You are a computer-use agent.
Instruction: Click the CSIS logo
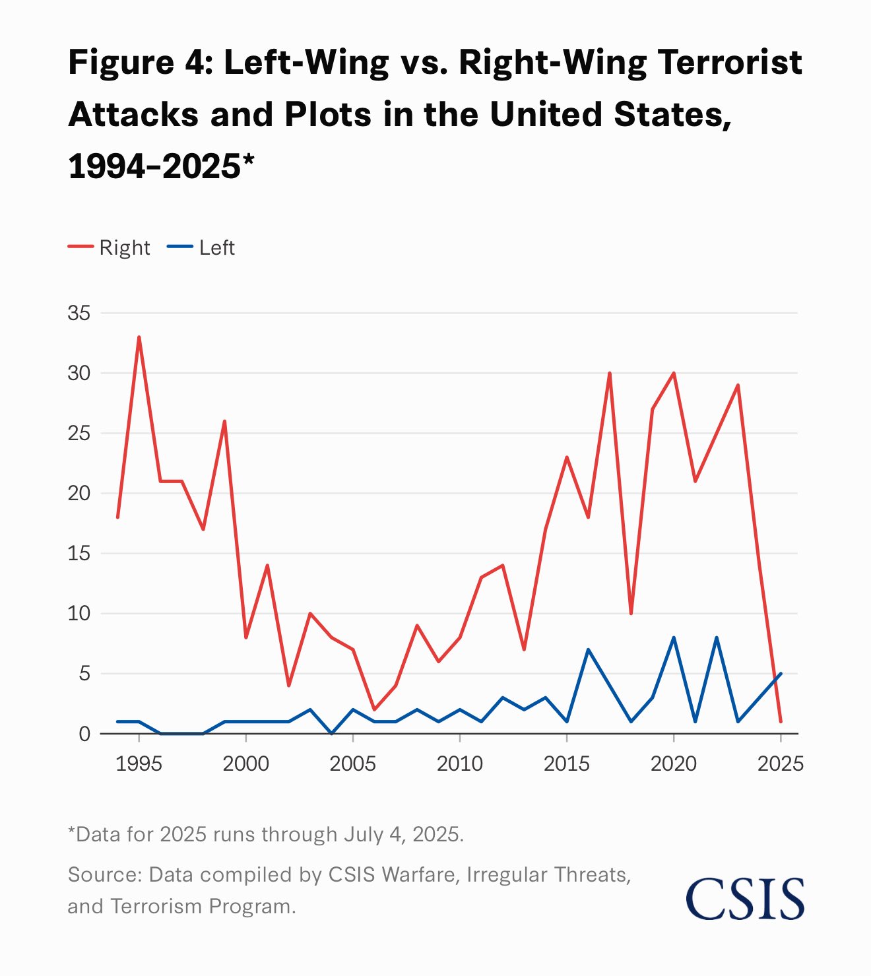pyautogui.click(x=745, y=898)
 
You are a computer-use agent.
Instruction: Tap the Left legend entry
pyautogui.click(x=201, y=247)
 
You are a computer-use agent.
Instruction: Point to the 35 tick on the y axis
pyautogui.click(x=79, y=313)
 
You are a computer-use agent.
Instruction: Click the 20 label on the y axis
pyautogui.click(x=79, y=493)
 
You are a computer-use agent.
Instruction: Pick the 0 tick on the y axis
pyautogui.click(x=84, y=734)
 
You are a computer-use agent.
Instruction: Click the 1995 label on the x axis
pyautogui.click(x=139, y=764)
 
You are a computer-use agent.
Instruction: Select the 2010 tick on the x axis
pyautogui.click(x=460, y=764)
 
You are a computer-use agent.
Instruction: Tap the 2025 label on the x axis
pyautogui.click(x=780, y=764)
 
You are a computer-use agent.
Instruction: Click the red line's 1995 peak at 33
pyautogui.click(x=139, y=337)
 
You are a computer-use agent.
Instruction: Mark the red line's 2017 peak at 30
pyautogui.click(x=610, y=374)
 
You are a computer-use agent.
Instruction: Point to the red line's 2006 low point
pyautogui.click(x=374, y=709)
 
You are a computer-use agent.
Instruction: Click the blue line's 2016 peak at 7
pyautogui.click(x=588, y=649)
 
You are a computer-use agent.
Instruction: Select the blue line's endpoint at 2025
pyautogui.click(x=781, y=674)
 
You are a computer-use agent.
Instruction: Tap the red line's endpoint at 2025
pyautogui.click(x=781, y=721)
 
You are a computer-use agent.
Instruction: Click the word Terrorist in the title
pyautogui.click(x=730, y=63)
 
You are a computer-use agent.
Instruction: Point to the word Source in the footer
pyautogui.click(x=104, y=874)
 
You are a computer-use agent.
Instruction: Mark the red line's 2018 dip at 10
pyautogui.click(x=631, y=614)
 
